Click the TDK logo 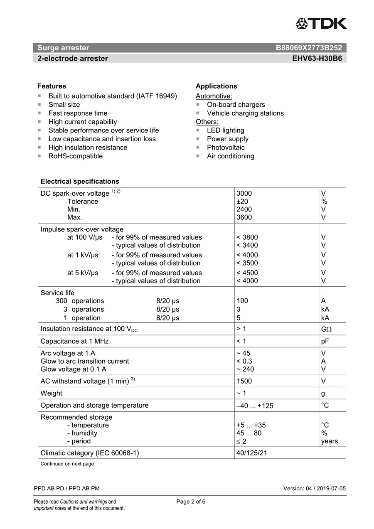coord(321,24)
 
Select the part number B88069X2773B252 coord(309,48)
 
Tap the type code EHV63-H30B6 coord(317,59)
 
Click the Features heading coord(52,86)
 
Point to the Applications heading coord(216,86)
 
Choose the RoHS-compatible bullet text coord(75,156)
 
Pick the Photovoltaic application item coord(226,148)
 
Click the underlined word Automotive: coord(214,96)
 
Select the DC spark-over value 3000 coord(244,193)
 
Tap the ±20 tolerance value coord(242,202)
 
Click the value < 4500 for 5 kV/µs coord(247,273)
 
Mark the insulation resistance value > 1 coord(241,329)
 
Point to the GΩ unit coord(326,329)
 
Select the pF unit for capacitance coord(325,341)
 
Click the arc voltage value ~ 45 coord(243,353)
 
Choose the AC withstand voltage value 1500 coord(244,381)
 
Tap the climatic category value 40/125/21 coord(251,453)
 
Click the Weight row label coord(51,393)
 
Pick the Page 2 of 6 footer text coord(191,502)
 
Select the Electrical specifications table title coord(80,181)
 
